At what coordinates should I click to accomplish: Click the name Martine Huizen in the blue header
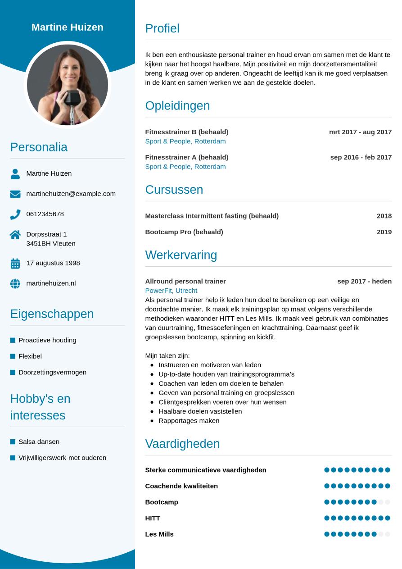click(68, 27)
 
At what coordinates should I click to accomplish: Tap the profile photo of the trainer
click(68, 85)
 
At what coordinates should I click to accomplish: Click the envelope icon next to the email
click(15, 194)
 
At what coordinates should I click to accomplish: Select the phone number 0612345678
click(45, 214)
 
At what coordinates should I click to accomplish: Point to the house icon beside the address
click(15, 235)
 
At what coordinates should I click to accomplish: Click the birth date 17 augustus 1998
click(53, 263)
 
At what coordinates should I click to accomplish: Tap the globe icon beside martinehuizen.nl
click(15, 283)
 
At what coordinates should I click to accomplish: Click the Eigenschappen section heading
click(52, 314)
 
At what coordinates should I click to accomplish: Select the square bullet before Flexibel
click(13, 356)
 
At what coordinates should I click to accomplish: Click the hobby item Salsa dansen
click(39, 442)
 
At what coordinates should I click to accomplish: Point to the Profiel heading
click(162, 28)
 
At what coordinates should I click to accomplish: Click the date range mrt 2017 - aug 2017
click(360, 132)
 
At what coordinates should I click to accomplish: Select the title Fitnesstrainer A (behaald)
click(186, 157)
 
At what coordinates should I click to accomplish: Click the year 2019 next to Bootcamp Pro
click(384, 232)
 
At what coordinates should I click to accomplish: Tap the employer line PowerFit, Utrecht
click(171, 291)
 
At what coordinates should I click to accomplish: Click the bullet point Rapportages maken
click(189, 421)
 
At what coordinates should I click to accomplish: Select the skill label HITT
click(153, 518)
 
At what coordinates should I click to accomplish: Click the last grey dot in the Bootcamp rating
click(388, 502)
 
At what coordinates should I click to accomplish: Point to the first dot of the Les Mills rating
click(327, 534)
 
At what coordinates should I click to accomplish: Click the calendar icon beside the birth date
click(15, 264)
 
